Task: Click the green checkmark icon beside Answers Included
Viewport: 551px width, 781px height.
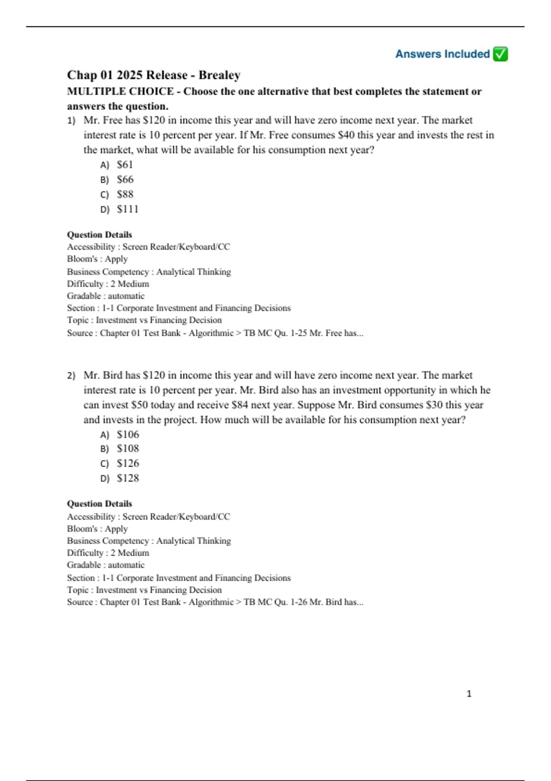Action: (500, 54)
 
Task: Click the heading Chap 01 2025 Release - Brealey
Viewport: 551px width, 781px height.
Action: (153, 75)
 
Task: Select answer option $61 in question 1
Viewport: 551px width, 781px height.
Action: (124, 164)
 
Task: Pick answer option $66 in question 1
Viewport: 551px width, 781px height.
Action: (125, 179)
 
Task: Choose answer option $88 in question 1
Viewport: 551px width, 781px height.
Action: (125, 194)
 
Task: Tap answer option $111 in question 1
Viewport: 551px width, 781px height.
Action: (127, 209)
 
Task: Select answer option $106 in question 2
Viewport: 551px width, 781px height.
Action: (128, 434)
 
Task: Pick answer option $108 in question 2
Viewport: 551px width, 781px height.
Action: (128, 448)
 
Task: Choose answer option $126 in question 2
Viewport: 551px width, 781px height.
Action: (128, 463)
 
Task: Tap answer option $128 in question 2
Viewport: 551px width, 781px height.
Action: (128, 478)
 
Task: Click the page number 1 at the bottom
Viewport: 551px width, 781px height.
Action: (469, 694)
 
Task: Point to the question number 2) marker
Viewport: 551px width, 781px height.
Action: (71, 375)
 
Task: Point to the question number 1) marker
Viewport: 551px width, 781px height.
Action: (71, 120)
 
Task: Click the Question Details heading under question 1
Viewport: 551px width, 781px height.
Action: (99, 234)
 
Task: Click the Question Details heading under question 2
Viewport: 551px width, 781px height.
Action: (99, 504)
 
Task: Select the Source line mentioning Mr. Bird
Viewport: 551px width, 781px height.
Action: (215, 602)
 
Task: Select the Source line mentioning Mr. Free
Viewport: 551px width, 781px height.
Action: (215, 333)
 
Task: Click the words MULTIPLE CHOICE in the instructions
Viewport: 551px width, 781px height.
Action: (120, 91)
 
